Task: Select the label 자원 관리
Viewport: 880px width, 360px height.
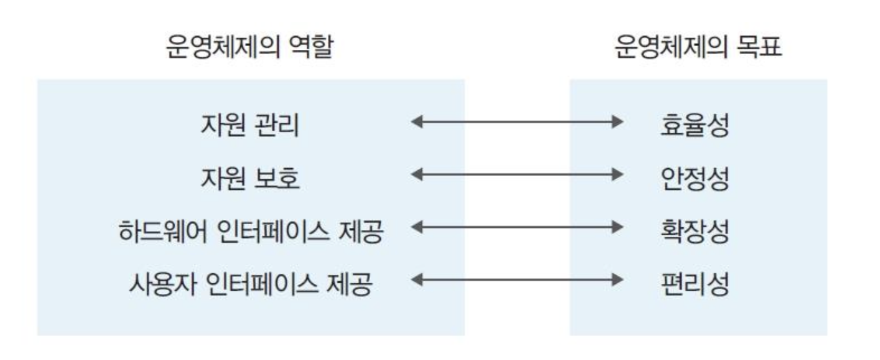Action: (x=249, y=125)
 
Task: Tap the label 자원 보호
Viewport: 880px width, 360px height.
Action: (x=249, y=177)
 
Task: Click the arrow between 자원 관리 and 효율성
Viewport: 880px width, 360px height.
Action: (x=517, y=122)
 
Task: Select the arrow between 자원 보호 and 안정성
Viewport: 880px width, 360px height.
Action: (x=517, y=175)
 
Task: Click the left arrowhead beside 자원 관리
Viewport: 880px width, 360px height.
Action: (x=417, y=122)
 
